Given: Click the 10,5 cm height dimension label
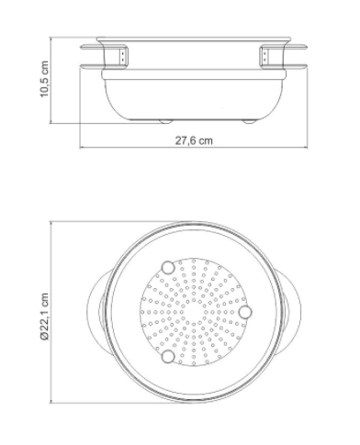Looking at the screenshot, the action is pos(44,79).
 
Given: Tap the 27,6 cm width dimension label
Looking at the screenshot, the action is pos(194,140).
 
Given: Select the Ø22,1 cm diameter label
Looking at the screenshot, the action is pos(44,317).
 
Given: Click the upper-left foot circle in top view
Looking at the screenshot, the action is pos(168,268).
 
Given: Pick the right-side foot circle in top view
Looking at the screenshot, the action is pos(245,312).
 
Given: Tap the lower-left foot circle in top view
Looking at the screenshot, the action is pos(168,357).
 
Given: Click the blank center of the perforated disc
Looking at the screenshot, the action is pos(194,312).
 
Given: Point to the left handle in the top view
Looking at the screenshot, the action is pos(95,312).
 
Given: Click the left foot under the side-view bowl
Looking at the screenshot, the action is pos(165,121).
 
